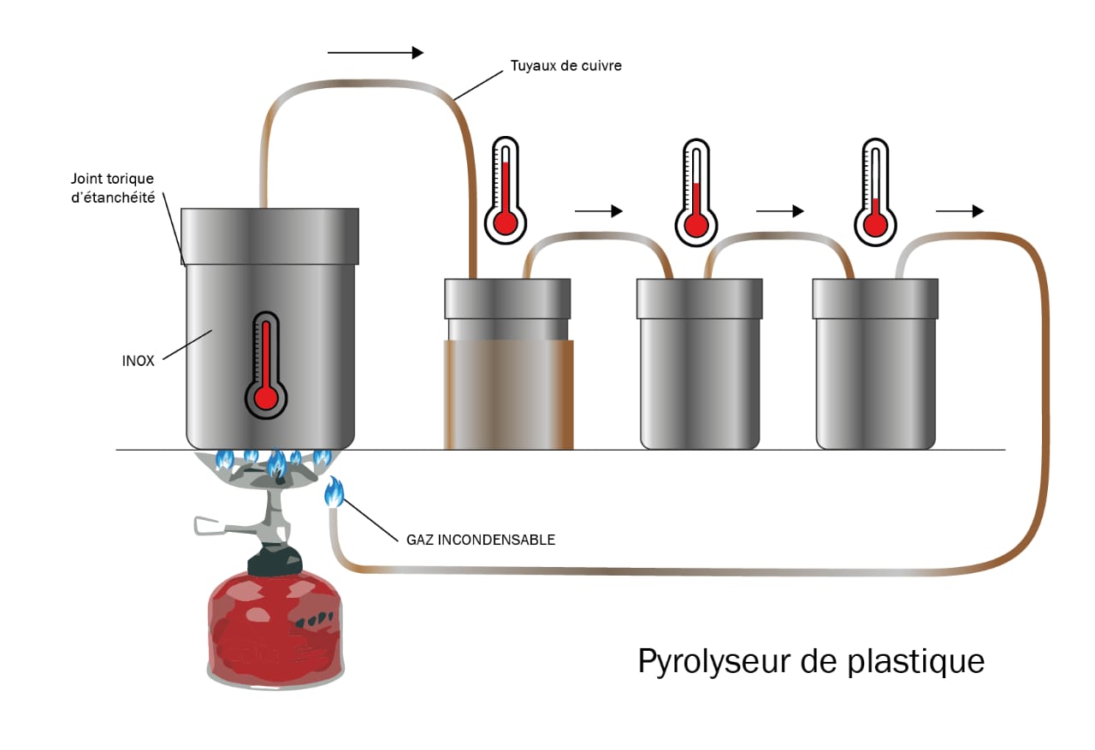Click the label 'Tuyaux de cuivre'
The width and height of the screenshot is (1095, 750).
pos(565,65)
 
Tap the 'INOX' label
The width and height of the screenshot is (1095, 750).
pos(139,361)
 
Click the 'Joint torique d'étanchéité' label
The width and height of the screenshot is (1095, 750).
pos(113,188)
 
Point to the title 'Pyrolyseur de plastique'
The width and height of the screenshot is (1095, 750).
pos(811,662)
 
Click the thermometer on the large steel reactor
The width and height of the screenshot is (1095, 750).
pos(266,363)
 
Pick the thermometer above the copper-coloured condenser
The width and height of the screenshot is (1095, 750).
pos(506,188)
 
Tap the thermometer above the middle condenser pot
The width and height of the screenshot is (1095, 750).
pos(696,192)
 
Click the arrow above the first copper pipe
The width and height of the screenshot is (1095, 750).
pos(376,53)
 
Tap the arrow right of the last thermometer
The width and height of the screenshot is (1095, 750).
pos(960,211)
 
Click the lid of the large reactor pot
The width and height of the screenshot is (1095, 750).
pos(270,235)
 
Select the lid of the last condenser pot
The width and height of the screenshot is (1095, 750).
pos(874,298)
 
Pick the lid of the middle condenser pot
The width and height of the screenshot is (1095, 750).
pos(699,298)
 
